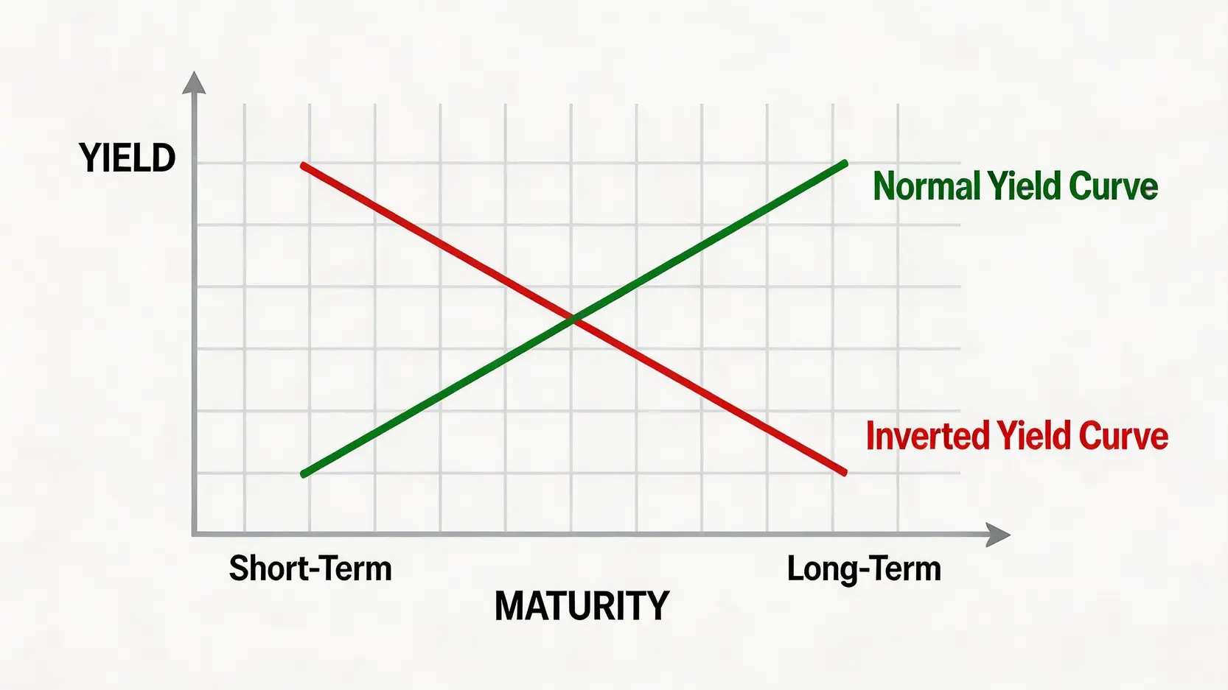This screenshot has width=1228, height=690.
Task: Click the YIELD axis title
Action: (128, 158)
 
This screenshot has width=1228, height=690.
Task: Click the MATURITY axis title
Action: (582, 605)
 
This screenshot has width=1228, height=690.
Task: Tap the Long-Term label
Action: (864, 569)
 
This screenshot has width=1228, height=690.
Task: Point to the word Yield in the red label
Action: (1034, 436)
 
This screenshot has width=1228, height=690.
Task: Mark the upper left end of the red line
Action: (304, 165)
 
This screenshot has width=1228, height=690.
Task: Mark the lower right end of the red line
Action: (844, 472)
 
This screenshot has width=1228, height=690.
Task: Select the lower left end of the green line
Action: (304, 474)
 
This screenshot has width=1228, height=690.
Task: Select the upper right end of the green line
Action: (845, 163)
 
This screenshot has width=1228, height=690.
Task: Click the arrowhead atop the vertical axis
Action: (194, 82)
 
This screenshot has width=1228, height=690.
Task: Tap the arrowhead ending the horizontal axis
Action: (998, 535)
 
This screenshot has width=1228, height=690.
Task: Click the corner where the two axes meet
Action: (194, 534)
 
